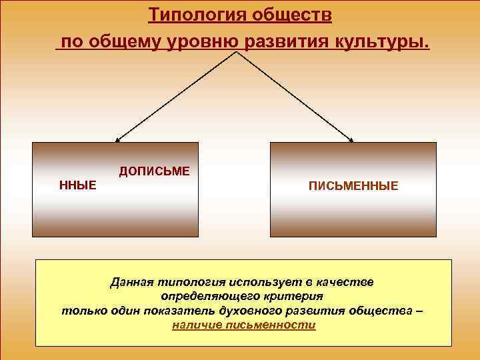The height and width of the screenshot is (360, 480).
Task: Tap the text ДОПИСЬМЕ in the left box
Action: [155, 171]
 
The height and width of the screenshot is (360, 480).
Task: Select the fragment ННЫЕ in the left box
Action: [78, 184]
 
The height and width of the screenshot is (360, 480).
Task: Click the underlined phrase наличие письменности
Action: [243, 325]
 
